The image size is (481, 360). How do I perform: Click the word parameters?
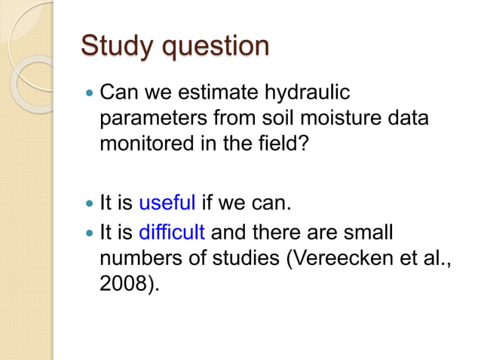pyautogui.click(x=152, y=121)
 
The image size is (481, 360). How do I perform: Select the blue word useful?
pyautogui.click(x=167, y=202)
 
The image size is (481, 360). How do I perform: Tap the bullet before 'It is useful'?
pyautogui.click(x=89, y=203)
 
